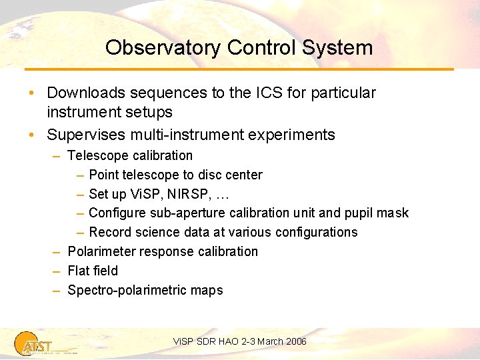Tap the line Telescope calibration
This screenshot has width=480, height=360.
[x=130, y=155]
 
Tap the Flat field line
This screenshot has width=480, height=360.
[x=93, y=271]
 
